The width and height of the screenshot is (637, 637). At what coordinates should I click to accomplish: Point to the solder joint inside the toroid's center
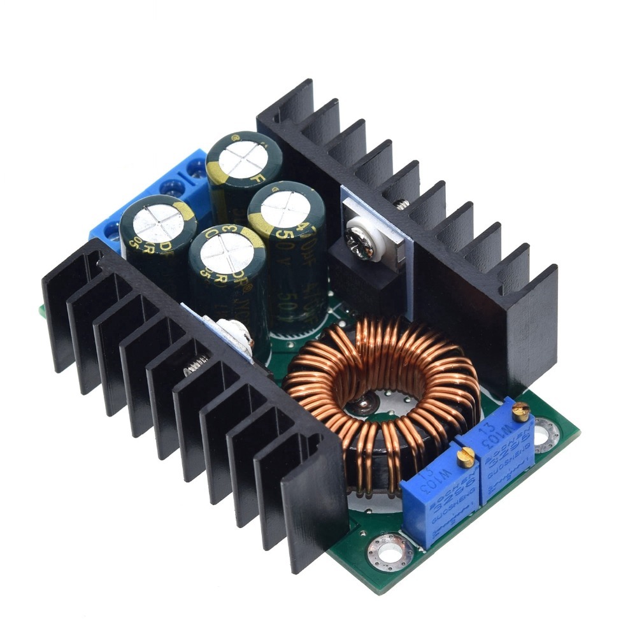click(x=364, y=401)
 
